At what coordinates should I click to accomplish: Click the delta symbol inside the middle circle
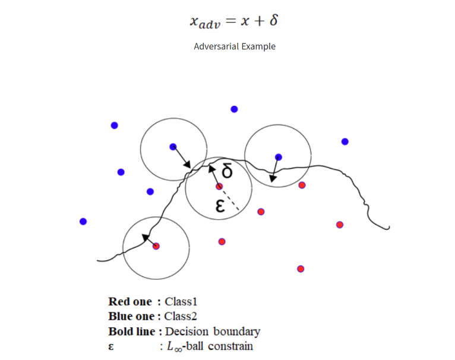point(227,172)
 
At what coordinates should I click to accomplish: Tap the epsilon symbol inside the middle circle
point(219,206)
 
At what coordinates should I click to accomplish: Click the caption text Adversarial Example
point(235,46)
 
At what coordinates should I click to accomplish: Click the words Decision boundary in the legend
point(213,331)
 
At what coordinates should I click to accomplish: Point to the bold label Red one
point(130,301)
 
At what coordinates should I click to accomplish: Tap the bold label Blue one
point(131,316)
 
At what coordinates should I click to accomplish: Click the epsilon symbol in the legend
point(112,346)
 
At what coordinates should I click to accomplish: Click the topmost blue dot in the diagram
point(235,109)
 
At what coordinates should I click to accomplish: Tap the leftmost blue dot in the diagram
point(83,222)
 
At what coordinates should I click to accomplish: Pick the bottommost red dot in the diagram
point(301,269)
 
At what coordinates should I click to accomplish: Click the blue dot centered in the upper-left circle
point(173,147)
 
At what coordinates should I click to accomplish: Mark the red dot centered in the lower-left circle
point(156,246)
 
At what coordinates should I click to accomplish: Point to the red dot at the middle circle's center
point(219,187)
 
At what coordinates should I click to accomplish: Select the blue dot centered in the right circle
point(279,157)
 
